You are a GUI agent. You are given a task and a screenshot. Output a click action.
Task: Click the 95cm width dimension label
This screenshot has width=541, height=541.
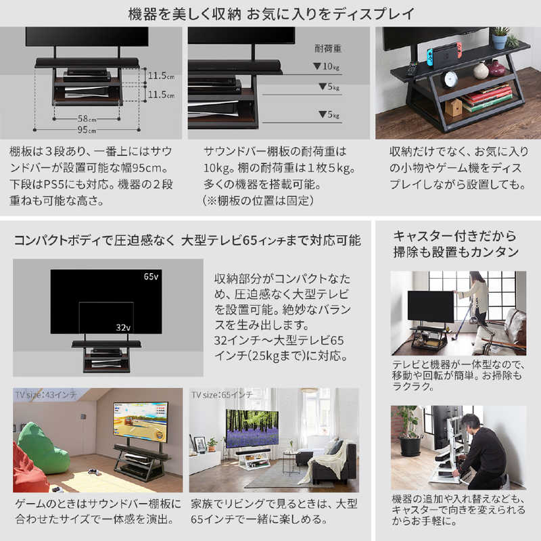[87, 130]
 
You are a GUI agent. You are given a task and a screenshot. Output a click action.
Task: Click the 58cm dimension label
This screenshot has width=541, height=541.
[87, 119]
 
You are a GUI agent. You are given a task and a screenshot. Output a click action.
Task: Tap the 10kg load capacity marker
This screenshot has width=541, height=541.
[327, 66]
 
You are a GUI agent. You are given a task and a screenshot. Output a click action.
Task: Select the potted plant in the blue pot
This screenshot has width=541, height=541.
[500, 37]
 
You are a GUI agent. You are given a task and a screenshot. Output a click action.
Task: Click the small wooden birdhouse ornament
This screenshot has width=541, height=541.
[453, 107]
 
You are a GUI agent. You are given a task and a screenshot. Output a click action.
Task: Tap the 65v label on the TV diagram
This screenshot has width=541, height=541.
[151, 277]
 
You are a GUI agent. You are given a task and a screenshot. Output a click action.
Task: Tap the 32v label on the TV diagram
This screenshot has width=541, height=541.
[123, 327]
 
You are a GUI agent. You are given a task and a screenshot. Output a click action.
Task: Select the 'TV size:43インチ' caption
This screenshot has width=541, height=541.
[45, 395]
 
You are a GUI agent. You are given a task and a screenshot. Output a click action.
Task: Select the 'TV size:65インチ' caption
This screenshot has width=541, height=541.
[222, 395]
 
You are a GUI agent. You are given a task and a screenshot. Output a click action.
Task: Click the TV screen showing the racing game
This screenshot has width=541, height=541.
[141, 421]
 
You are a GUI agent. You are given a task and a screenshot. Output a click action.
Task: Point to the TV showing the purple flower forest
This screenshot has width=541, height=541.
[252, 428]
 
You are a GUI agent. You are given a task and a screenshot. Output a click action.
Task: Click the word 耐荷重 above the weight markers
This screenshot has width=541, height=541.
[328, 49]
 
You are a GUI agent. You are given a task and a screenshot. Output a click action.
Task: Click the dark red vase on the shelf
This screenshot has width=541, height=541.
[496, 68]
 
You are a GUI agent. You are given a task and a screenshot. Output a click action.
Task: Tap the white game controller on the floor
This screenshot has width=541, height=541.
[93, 471]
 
